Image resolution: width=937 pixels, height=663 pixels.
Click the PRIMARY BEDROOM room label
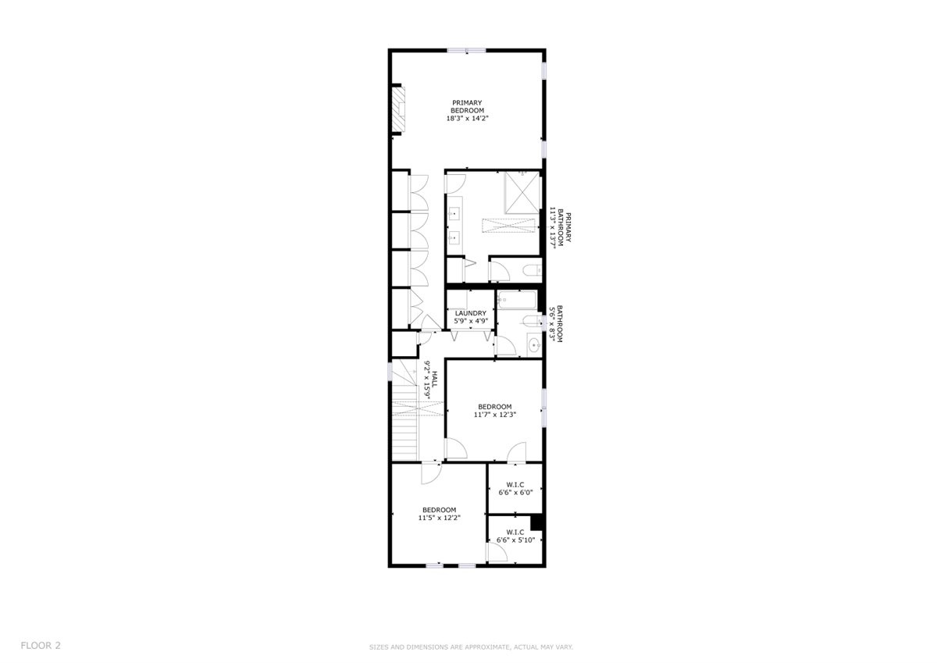(x=467, y=107)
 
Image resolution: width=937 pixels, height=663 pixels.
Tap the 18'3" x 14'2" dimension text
(x=467, y=119)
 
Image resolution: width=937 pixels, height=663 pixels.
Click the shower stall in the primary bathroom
(x=522, y=192)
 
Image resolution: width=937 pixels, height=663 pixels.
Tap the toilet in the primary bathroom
(x=532, y=271)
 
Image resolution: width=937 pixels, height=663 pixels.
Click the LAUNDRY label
(x=471, y=313)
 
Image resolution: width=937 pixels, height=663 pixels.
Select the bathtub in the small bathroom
(x=517, y=300)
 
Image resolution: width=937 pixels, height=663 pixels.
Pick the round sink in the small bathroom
(x=534, y=345)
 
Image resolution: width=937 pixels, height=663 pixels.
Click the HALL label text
(x=435, y=380)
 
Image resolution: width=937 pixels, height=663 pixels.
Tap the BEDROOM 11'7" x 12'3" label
(x=495, y=410)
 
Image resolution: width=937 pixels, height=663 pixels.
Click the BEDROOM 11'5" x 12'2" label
(x=439, y=514)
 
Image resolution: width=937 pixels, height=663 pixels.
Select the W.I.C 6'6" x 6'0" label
(x=515, y=489)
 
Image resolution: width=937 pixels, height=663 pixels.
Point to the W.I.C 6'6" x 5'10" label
(x=515, y=536)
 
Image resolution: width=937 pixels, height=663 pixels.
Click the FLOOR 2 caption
(x=41, y=646)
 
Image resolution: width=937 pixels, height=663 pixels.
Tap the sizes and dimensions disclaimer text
(x=471, y=647)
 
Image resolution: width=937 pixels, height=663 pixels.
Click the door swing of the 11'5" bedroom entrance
(x=431, y=473)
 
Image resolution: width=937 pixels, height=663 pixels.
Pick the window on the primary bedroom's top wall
(x=466, y=51)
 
